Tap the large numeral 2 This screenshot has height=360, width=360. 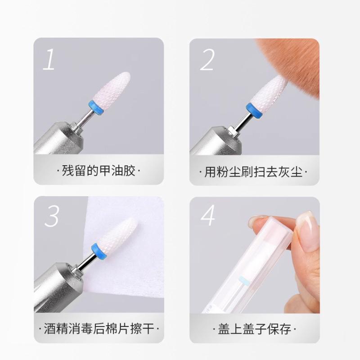pyautogui.click(x=207, y=60)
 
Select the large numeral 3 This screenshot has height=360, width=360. pyautogui.click(x=52, y=216)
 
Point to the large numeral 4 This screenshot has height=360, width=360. pyautogui.click(x=208, y=215)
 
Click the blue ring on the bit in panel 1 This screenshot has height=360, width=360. pyautogui.click(x=95, y=107)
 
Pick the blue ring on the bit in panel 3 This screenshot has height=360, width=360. pyautogui.click(x=99, y=251)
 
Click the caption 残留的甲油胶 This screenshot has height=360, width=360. pyautogui.click(x=99, y=171)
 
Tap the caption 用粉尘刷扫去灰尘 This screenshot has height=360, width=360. pyautogui.click(x=253, y=172)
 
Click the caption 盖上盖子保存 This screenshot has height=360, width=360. pyautogui.click(x=254, y=329)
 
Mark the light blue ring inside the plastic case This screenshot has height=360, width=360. pyautogui.click(x=244, y=280)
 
